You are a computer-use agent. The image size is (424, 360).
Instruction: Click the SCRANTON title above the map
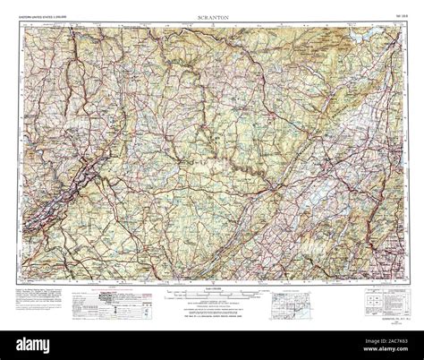[211, 18]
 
